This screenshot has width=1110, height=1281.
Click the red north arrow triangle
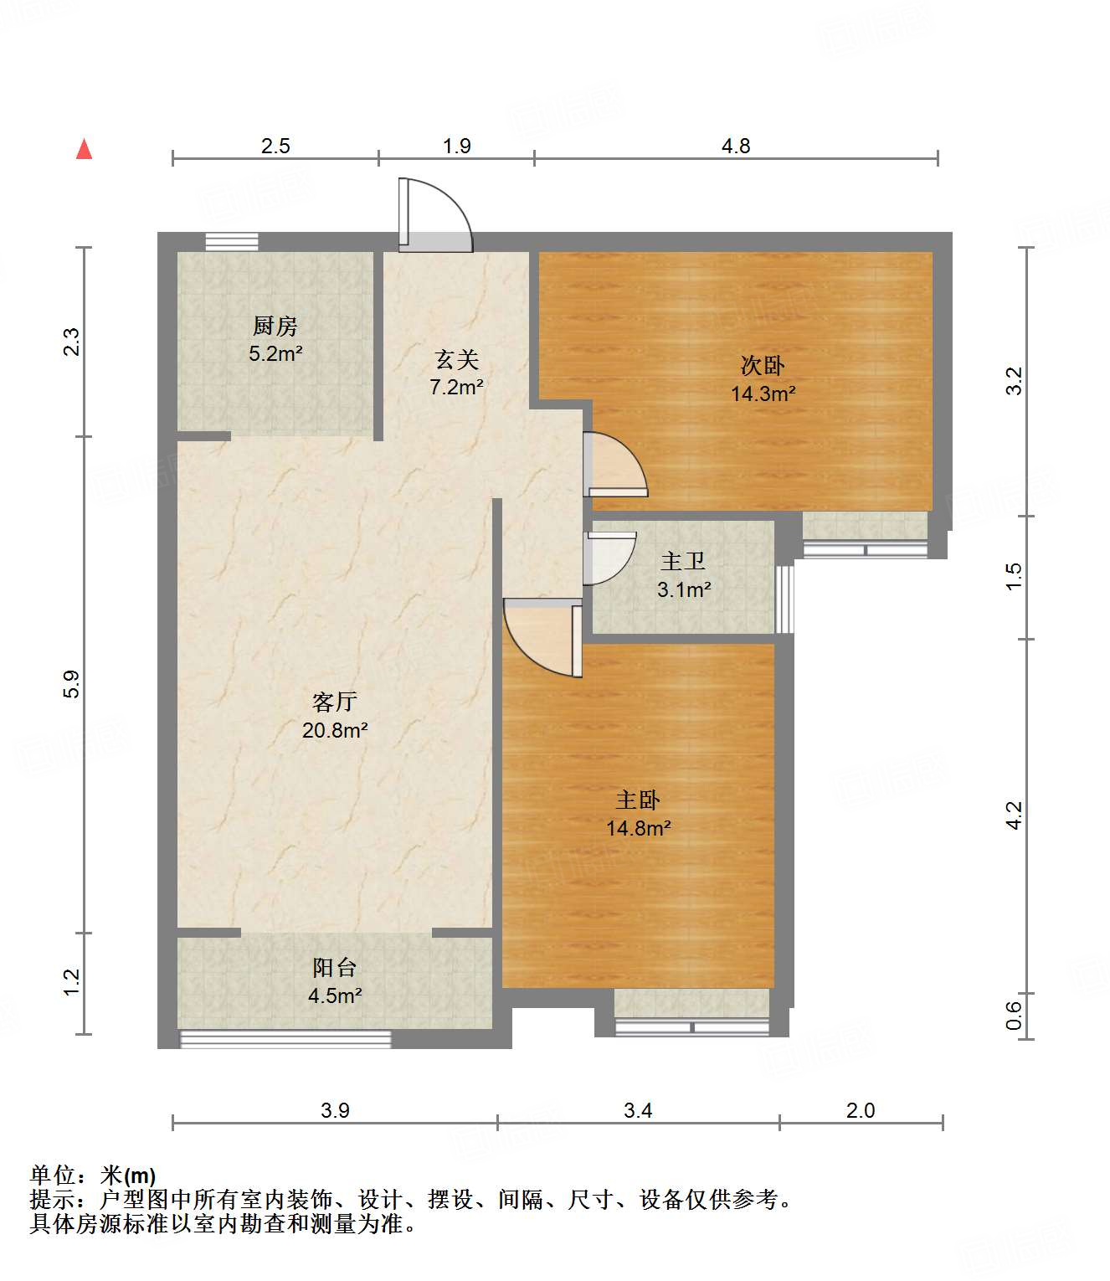tap(84, 150)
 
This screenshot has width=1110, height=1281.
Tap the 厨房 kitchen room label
tap(275, 326)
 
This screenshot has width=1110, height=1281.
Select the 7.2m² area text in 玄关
tap(456, 388)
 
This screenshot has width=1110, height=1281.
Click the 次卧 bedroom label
tap(763, 366)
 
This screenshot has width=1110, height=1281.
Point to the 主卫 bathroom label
tap(683, 562)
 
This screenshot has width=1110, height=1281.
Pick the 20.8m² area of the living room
tap(335, 731)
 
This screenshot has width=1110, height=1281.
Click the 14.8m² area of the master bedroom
tap(639, 829)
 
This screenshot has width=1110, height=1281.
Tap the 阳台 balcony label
tap(335, 968)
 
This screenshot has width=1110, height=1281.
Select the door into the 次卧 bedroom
tap(615, 466)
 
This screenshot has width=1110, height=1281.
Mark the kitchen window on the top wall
tap(232, 242)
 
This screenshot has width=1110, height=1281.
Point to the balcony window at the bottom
tap(285, 1040)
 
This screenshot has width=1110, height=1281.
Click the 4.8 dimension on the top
tap(736, 147)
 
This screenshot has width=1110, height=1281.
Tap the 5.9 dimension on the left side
tap(72, 684)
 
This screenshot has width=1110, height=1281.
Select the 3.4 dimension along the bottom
tap(638, 1111)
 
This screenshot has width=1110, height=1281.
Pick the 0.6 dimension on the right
tap(1014, 1016)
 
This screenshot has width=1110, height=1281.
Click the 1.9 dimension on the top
tap(456, 147)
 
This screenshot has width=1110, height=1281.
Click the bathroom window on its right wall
tap(784, 599)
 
